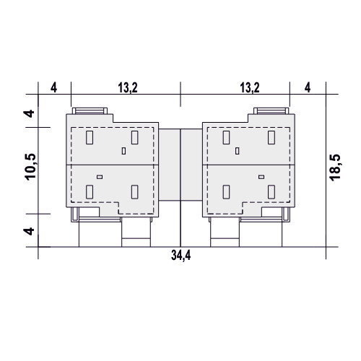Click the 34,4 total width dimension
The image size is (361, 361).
(x=181, y=256)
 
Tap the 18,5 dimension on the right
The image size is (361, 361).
(x=335, y=168)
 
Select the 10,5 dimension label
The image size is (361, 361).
(x=30, y=167)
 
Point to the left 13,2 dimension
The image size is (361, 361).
(x=128, y=87)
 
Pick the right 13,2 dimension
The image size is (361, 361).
(x=250, y=87)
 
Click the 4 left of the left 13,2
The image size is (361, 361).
(x=54, y=87)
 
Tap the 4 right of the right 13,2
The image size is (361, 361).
(x=308, y=87)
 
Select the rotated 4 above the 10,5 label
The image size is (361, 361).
(x=29, y=113)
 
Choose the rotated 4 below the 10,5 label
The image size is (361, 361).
(x=29, y=232)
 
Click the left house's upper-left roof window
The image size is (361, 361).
(x=90, y=137)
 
